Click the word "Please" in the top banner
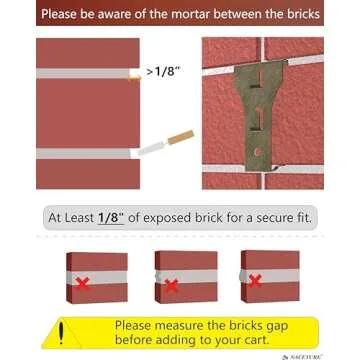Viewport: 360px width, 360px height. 59,15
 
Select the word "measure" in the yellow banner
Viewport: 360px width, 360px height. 208,324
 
